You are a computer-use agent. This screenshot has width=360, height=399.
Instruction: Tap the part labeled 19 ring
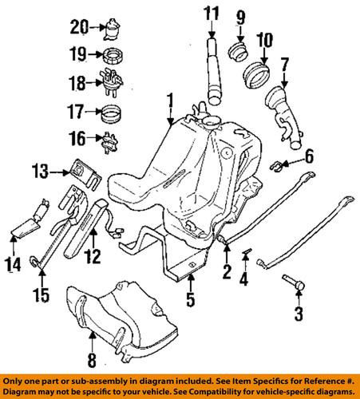coord(112,57)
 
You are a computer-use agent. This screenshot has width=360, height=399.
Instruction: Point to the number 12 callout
coord(93,257)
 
